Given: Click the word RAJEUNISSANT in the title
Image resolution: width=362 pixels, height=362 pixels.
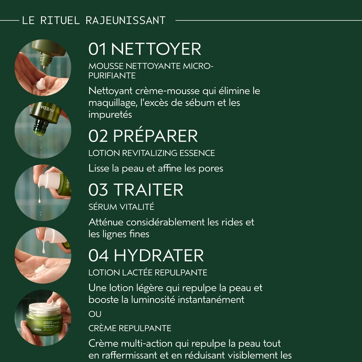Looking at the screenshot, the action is click(125, 20).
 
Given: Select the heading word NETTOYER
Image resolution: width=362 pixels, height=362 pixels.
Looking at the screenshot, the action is click(156, 49).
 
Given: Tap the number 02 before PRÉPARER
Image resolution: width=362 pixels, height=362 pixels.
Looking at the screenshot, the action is click(98, 136).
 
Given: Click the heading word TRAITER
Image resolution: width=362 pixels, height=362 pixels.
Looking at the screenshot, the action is click(148, 190).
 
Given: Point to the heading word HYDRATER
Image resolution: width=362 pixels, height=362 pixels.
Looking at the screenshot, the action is click(158, 255).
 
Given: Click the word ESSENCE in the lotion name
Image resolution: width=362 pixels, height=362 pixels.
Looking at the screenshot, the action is click(197, 153).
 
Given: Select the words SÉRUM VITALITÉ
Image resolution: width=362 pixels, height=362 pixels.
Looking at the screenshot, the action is click(121, 206).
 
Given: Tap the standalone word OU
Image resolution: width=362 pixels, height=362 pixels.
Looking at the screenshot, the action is click(95, 314).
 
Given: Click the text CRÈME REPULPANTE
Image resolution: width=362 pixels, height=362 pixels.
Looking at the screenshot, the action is click(130, 328).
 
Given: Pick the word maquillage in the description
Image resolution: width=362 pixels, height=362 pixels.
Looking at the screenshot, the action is click(113, 103).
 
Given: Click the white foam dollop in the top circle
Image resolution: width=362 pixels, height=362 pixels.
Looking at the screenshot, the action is click(42, 83).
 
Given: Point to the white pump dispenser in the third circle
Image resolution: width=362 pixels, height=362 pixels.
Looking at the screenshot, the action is click(49, 181).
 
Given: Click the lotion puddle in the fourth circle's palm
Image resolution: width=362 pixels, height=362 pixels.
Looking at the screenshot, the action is click(41, 269).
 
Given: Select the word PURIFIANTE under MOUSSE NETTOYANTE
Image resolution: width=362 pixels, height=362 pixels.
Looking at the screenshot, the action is click(112, 76).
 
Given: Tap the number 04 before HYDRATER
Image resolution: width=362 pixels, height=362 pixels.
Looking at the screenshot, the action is click(99, 255).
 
